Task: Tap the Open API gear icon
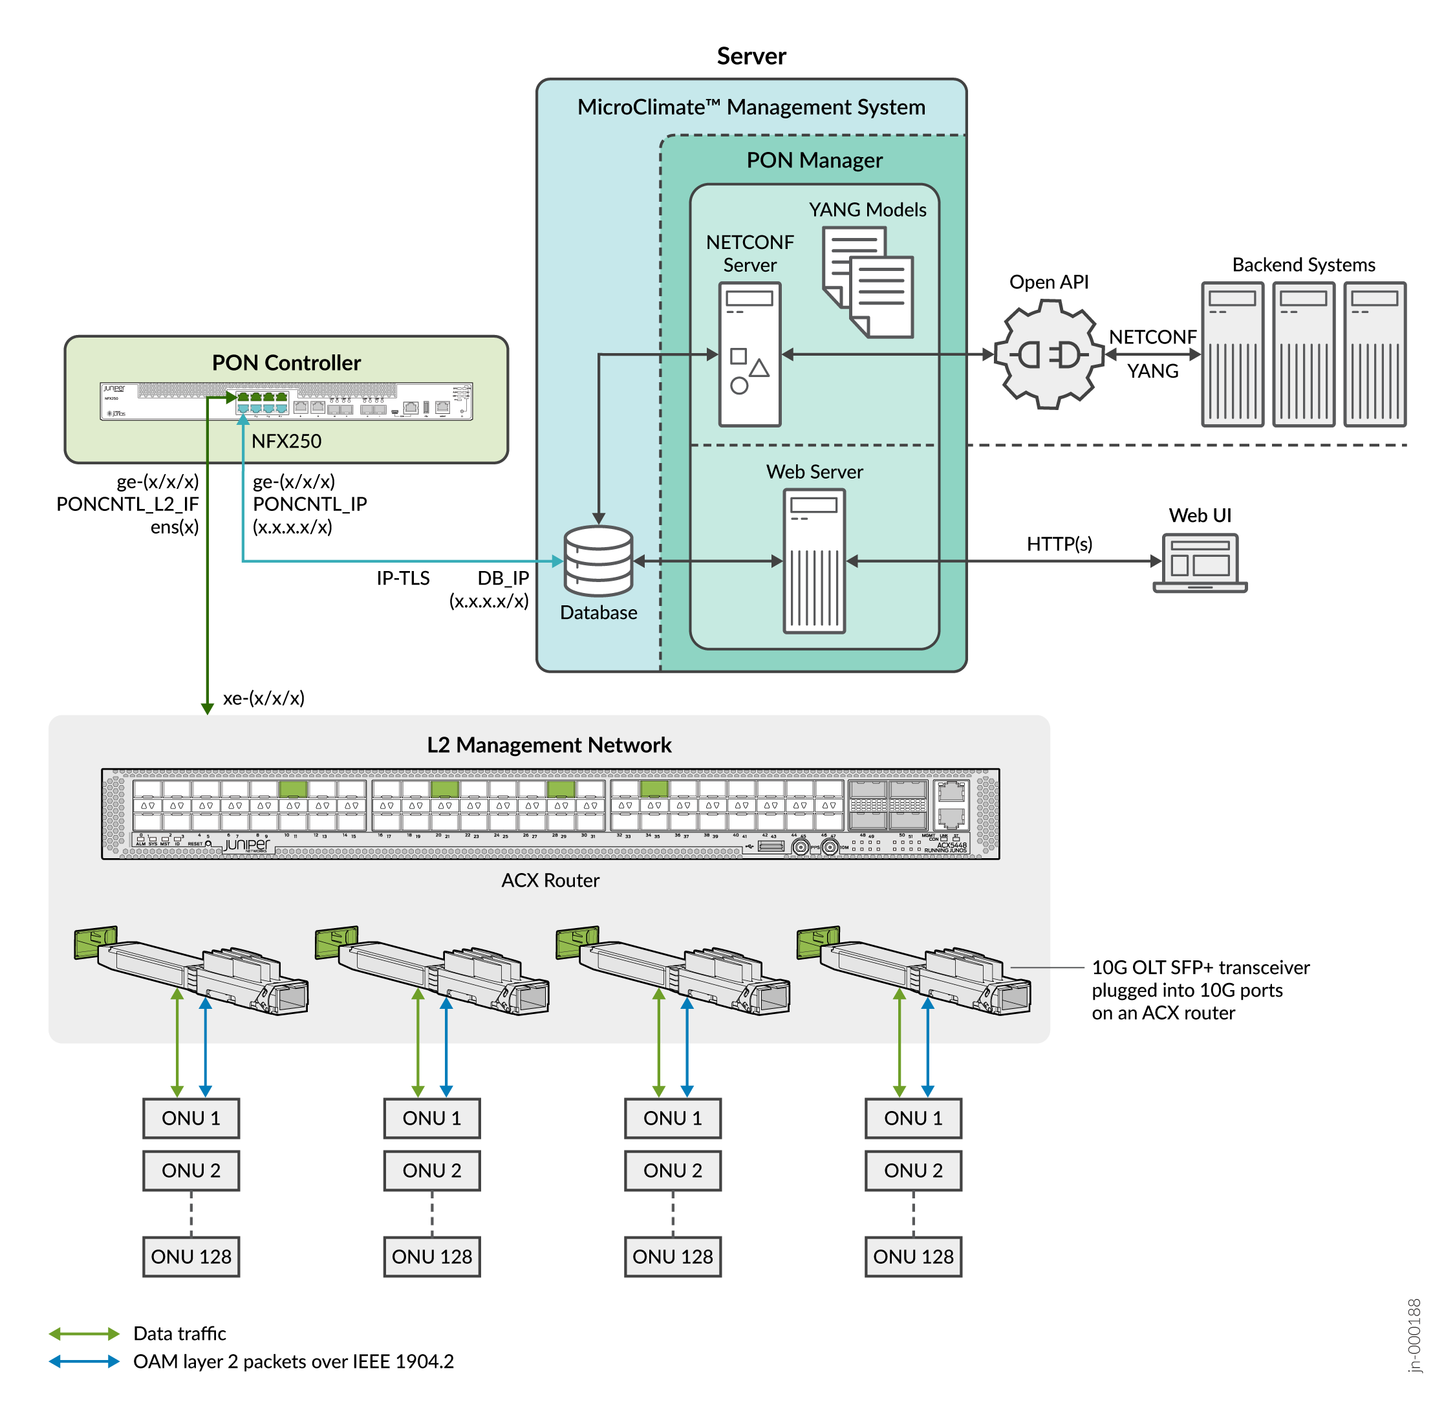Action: (x=1048, y=354)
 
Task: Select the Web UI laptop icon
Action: (x=1200, y=563)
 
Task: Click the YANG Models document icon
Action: (x=867, y=282)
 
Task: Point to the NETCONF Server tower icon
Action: (x=749, y=354)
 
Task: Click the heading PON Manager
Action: (x=814, y=160)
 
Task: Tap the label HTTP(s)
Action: (x=1059, y=543)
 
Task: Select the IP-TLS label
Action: (x=403, y=578)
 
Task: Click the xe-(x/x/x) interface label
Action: (x=264, y=697)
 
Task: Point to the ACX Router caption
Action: (x=550, y=880)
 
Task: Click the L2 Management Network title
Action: (x=548, y=744)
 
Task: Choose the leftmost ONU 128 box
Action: (x=191, y=1256)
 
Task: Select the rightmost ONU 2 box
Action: (x=912, y=1170)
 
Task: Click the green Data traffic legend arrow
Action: (x=84, y=1334)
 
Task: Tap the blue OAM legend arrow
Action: (x=84, y=1361)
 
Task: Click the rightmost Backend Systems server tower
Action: (x=1374, y=354)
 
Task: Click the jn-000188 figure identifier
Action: (x=1414, y=1335)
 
